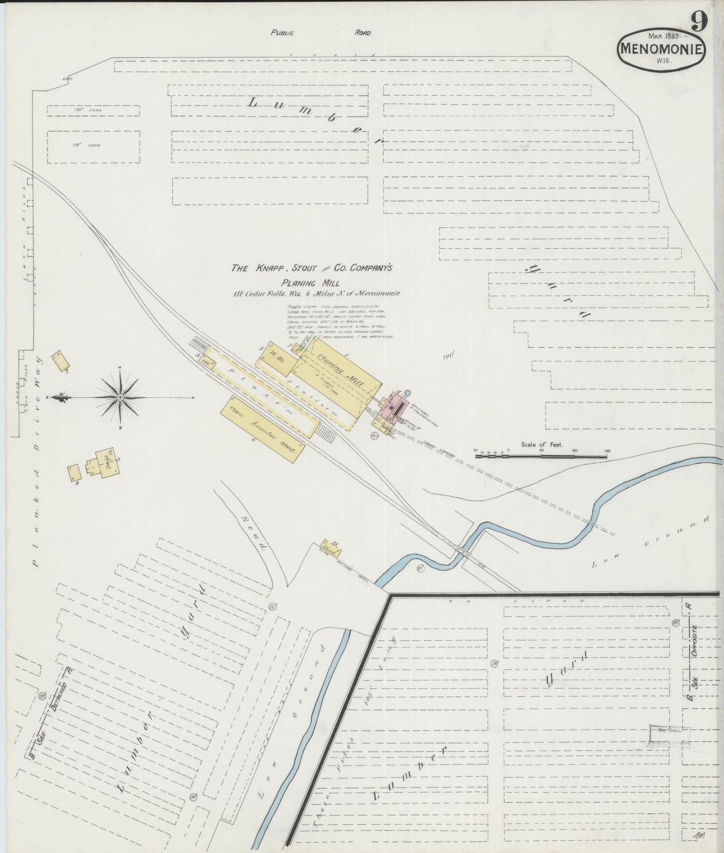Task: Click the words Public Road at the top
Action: pos(321,33)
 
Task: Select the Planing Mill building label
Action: pos(341,370)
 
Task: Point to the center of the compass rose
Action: pos(120,397)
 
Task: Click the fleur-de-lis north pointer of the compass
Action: pos(61,397)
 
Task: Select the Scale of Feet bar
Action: pos(541,456)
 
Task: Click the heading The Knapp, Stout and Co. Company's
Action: pos(311,268)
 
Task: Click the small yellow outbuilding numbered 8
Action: pos(75,473)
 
